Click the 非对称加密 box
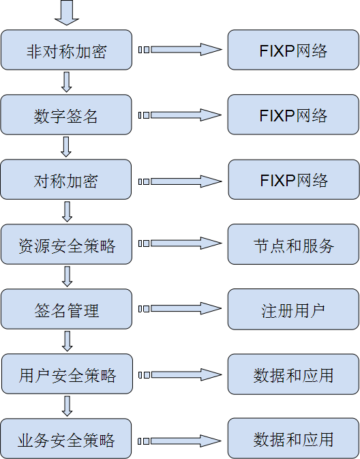66,50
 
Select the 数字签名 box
66,115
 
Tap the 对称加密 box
66,179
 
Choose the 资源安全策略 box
66,244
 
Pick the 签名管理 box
66,309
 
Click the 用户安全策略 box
67,374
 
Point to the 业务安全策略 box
66,439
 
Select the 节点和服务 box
293,244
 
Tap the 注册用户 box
293,309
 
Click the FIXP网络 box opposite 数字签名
293,115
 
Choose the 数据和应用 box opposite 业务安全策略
293,439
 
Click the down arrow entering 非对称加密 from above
67,12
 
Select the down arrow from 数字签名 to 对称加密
66,147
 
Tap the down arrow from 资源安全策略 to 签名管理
67,276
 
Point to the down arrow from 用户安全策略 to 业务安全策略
67,406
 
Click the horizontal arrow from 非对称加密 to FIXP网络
180,50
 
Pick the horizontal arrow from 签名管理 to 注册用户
180,308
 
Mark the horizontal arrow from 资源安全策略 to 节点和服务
180,243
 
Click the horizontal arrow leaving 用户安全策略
180,374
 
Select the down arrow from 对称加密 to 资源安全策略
67,211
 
